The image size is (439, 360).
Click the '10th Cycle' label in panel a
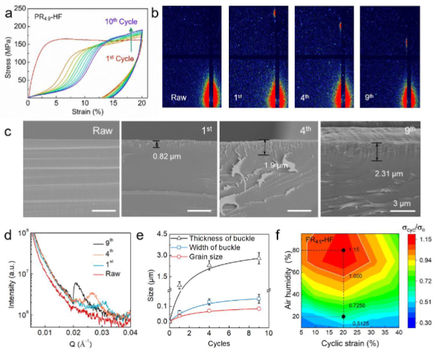coord(120,21)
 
